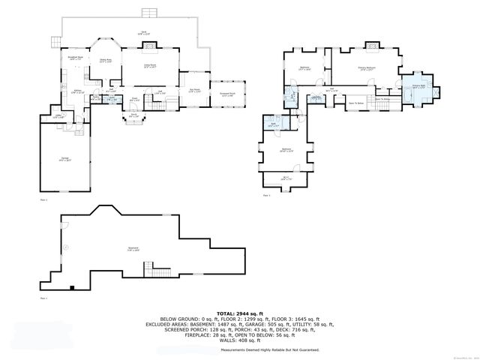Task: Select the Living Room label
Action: click(150, 66)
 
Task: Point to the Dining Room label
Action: click(106, 61)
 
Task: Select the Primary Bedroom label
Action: click(367, 68)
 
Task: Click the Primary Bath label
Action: click(418, 87)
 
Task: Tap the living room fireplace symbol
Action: click(150, 46)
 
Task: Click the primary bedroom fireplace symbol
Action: click(372, 46)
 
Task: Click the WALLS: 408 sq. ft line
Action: click(239, 342)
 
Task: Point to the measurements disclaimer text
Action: click(269, 350)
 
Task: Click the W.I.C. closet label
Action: click(286, 178)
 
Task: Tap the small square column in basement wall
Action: click(70, 287)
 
